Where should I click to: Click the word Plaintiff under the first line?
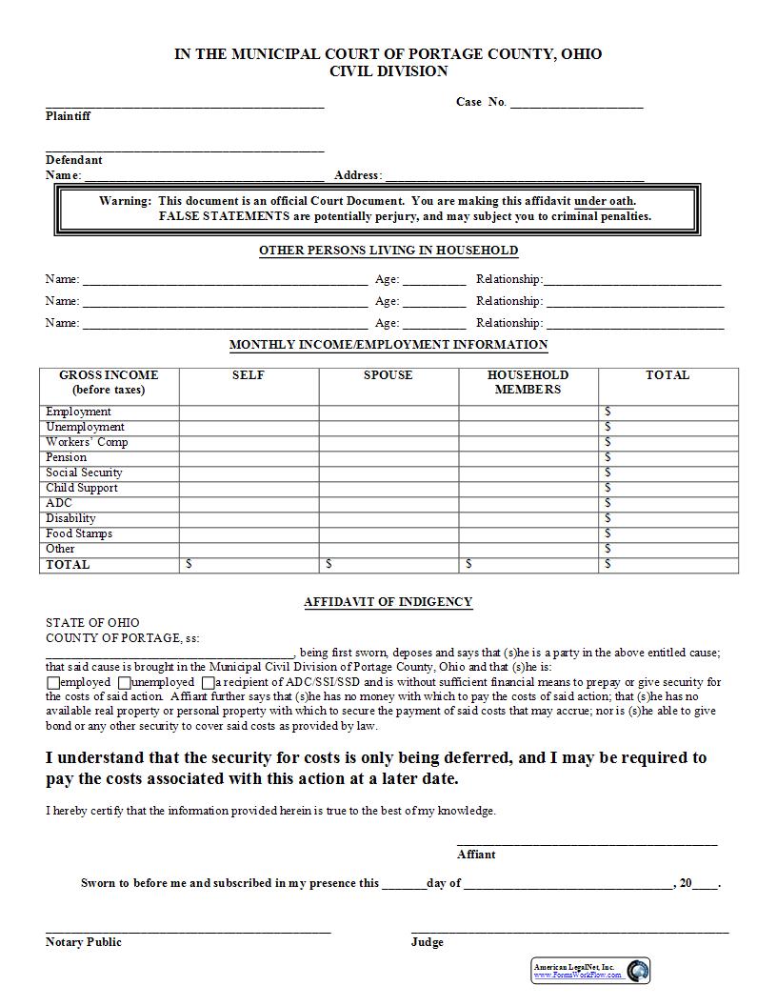click(69, 116)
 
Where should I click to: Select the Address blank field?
click(514, 177)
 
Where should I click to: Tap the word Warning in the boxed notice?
click(125, 201)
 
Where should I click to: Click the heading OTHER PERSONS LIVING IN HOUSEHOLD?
click(388, 251)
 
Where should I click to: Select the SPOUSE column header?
click(388, 375)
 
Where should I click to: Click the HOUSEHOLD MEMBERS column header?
click(528, 382)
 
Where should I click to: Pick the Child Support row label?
click(82, 488)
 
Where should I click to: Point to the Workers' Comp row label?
click(87, 442)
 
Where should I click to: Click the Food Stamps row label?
click(79, 533)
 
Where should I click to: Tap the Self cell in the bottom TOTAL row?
click(249, 565)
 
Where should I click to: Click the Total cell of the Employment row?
click(668, 412)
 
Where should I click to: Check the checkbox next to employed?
click(52, 683)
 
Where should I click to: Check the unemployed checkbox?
click(125, 683)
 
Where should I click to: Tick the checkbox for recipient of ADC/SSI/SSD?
click(208, 683)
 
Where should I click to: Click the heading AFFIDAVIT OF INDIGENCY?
click(388, 602)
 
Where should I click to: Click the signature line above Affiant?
click(587, 843)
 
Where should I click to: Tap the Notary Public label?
click(84, 942)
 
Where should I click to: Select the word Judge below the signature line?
click(428, 942)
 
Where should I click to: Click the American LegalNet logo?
click(590, 971)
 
